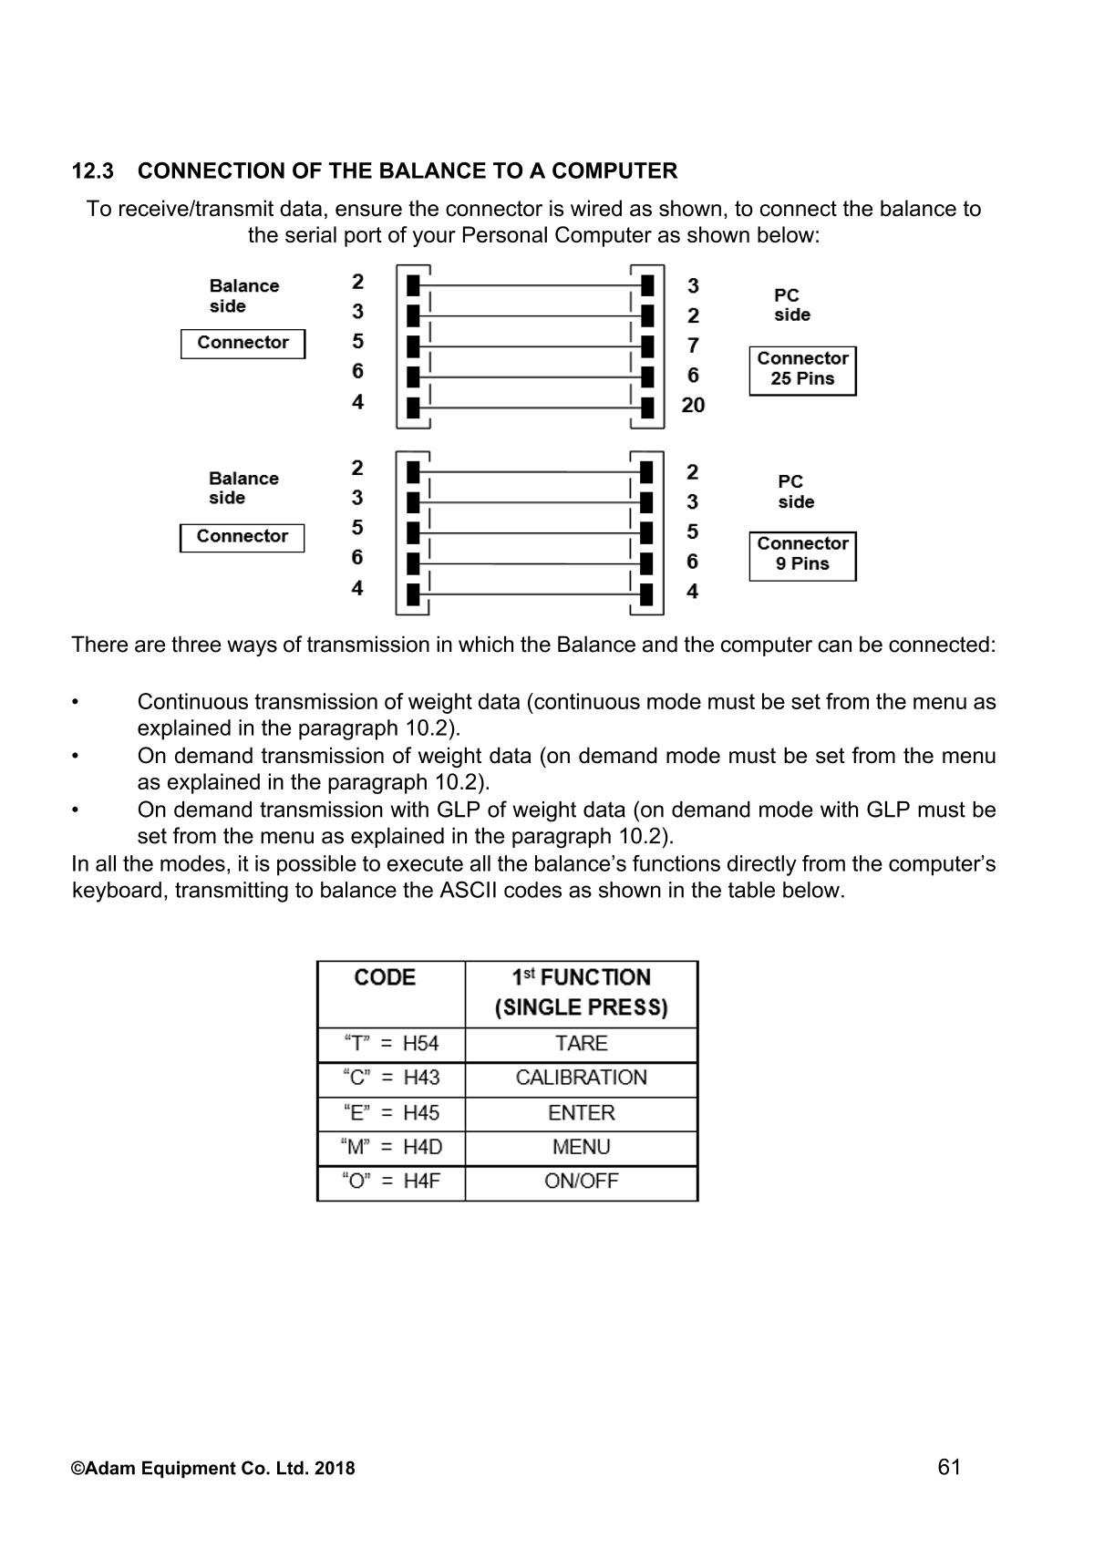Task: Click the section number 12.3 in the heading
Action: click(92, 171)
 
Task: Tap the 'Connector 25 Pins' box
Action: click(802, 369)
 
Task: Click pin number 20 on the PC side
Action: click(693, 406)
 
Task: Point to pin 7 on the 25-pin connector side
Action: click(693, 346)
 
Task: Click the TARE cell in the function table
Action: click(581, 1044)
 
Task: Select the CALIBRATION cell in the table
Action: click(581, 1078)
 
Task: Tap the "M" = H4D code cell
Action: click(391, 1148)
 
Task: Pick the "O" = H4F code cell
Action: click(391, 1182)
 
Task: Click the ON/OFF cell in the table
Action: click(581, 1182)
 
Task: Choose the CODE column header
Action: click(385, 978)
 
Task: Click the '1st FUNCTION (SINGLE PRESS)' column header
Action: click(581, 993)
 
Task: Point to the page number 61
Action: click(948, 1467)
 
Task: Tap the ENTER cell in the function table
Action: click(581, 1113)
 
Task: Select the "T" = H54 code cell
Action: click(391, 1044)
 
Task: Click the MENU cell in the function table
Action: click(581, 1148)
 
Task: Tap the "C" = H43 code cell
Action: click(391, 1078)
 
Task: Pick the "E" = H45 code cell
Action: click(391, 1113)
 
